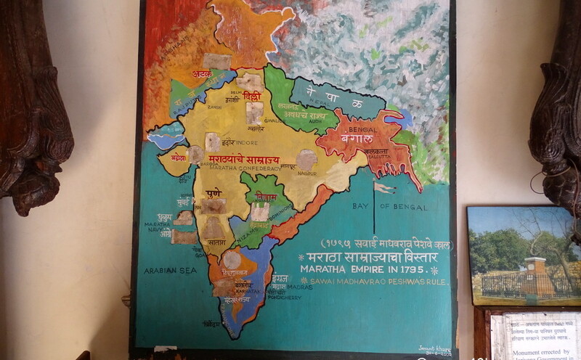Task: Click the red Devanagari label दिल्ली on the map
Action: click(x=252, y=96)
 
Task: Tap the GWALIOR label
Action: click(x=274, y=121)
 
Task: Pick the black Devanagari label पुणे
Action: click(x=213, y=194)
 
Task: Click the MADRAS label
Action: click(x=299, y=287)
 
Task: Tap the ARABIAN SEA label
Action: click(x=171, y=270)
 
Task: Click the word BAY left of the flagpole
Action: click(x=360, y=207)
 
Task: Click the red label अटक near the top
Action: click(x=202, y=74)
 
